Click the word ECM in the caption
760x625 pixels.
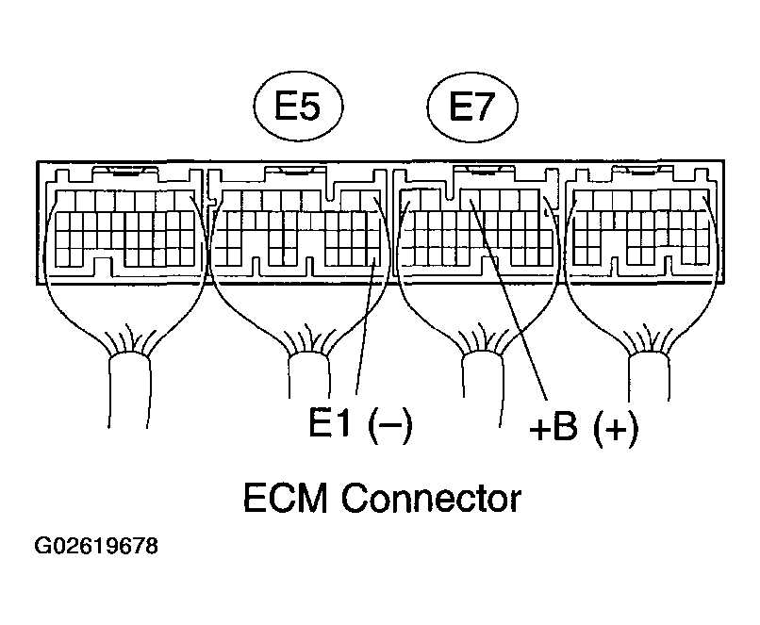[286, 497]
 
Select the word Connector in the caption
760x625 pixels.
[431, 497]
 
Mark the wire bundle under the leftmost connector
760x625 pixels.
[129, 377]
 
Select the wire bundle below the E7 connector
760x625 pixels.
[478, 377]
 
